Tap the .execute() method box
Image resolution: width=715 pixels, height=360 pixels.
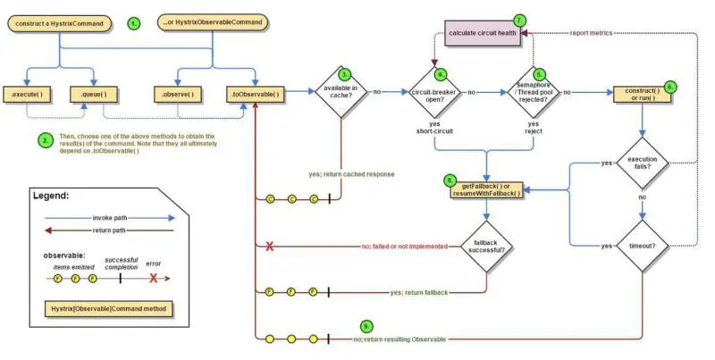29,93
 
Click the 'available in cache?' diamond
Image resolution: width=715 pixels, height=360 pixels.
341,91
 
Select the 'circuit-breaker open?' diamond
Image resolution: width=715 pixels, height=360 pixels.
434,91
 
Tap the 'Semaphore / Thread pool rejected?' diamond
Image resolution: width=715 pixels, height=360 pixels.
533,91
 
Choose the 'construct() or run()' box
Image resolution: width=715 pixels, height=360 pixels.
643,93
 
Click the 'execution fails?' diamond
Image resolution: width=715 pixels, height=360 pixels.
642,163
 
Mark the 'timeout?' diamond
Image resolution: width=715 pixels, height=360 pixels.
642,245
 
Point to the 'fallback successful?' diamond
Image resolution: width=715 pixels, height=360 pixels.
486,246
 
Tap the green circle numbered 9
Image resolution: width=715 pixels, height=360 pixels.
365,326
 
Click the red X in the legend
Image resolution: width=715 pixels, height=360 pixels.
154,278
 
